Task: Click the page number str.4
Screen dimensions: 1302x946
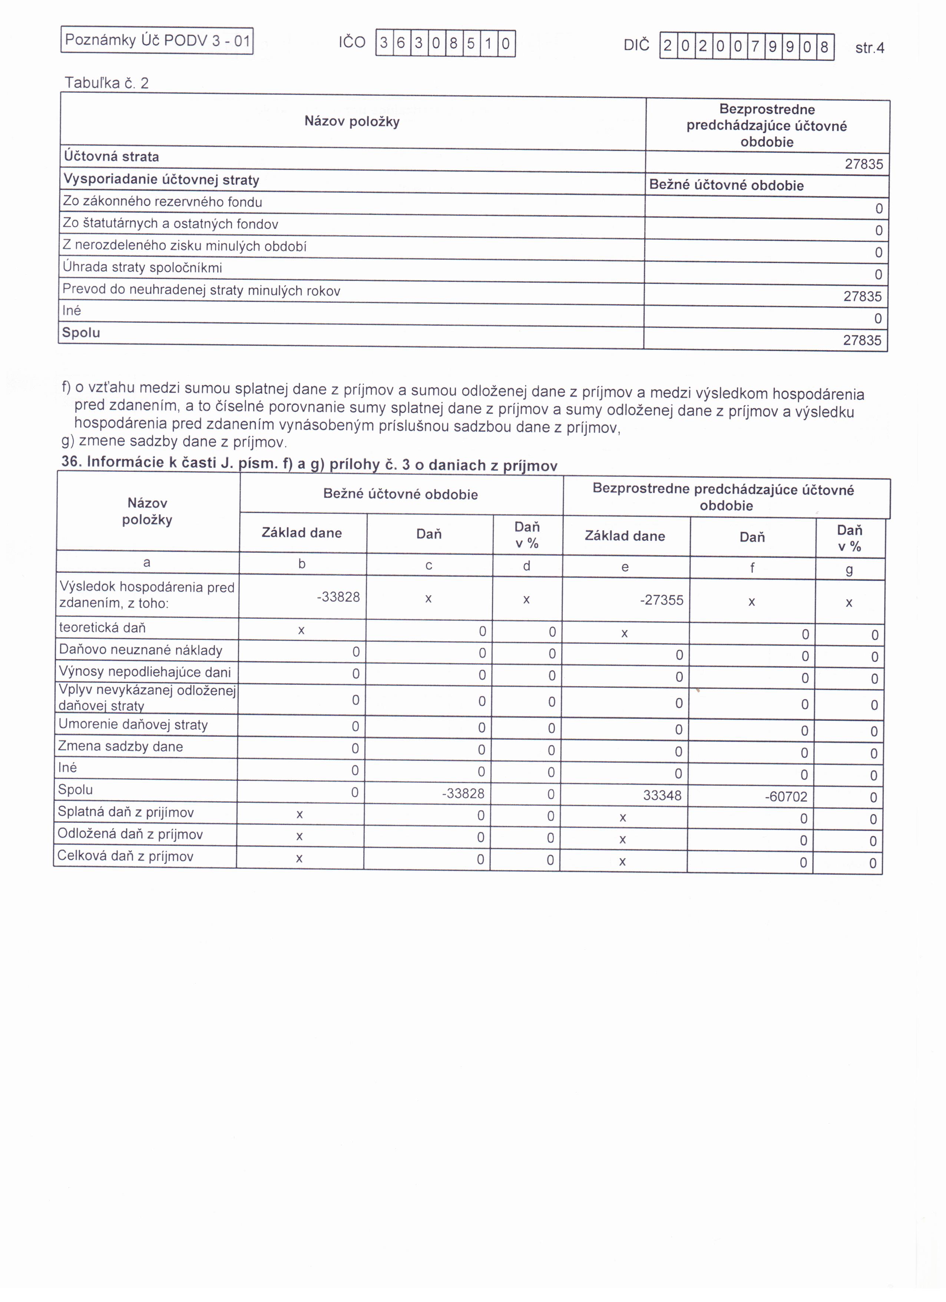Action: [x=869, y=48]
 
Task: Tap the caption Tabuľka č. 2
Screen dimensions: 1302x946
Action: [x=107, y=83]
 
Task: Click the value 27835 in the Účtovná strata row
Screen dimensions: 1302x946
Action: [x=863, y=164]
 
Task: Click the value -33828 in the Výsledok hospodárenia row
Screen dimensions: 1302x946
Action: [x=338, y=597]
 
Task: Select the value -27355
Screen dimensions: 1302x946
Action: [x=661, y=600]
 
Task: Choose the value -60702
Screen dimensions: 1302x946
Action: [x=785, y=797]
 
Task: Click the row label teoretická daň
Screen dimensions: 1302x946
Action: [x=102, y=628]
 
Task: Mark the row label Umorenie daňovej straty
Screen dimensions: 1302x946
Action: [x=133, y=724]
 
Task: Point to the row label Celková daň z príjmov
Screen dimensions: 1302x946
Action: [x=125, y=856]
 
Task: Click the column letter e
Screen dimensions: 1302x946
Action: [x=625, y=567]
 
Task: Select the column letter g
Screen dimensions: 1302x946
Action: [x=849, y=569]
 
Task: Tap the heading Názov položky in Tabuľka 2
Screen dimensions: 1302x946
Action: [x=352, y=122]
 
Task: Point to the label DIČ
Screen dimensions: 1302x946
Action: [x=636, y=45]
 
